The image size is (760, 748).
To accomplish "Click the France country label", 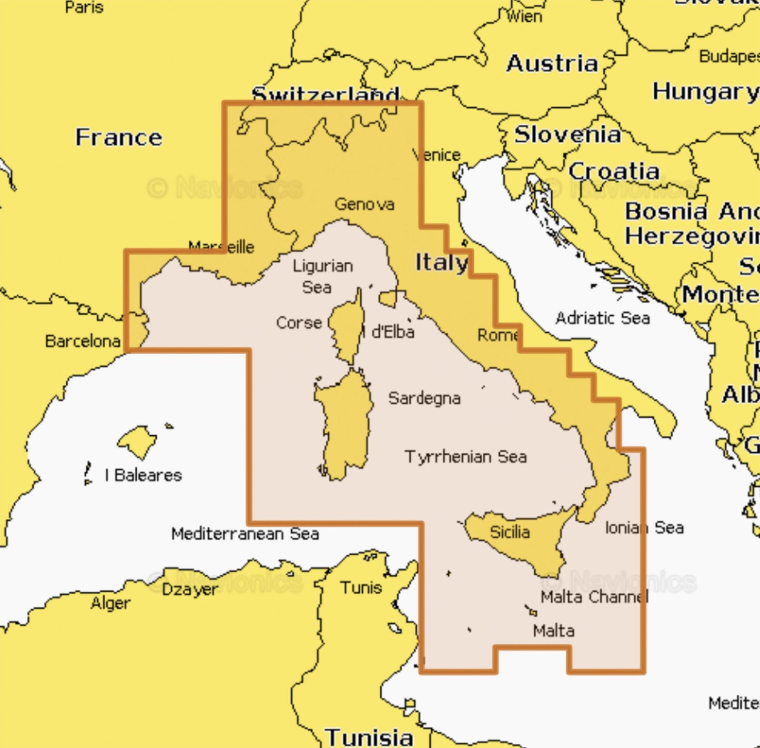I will click(118, 137).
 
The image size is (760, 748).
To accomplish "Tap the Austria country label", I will click(552, 64).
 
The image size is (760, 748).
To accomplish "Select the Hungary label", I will click(705, 92).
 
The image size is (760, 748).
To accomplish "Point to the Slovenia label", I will click(568, 135).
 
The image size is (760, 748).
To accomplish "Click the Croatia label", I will click(614, 171).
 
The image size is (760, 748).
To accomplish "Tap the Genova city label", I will click(364, 204).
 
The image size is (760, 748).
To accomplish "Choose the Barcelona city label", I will click(83, 341).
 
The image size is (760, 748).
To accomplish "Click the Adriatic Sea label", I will click(602, 318).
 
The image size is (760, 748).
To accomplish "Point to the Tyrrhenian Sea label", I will click(465, 456).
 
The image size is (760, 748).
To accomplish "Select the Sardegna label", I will click(424, 398).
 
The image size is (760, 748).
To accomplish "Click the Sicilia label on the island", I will click(509, 532).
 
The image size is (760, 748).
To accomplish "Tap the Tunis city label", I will click(361, 587).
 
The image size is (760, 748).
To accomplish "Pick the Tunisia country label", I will click(369, 737).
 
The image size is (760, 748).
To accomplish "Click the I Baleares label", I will click(143, 475).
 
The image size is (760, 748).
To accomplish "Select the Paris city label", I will click(84, 7).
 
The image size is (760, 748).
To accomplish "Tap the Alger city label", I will click(110, 603).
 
